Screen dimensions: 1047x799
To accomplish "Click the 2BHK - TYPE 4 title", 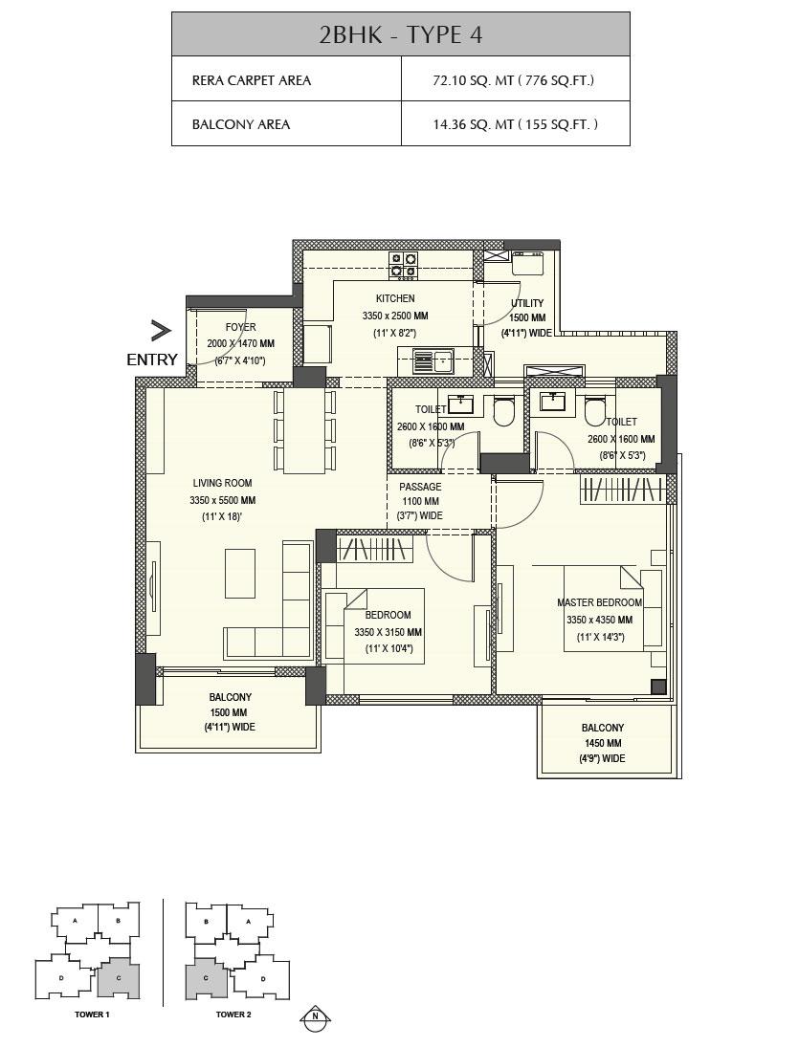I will (400, 34).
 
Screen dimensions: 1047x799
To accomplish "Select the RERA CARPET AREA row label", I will (252, 80).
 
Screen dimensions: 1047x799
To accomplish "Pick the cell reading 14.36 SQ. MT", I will (515, 124).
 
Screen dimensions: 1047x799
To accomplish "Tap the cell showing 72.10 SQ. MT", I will (514, 80).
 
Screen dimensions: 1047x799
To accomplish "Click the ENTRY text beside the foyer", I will (152, 360).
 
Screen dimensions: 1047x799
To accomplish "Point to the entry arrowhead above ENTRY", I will (160, 331).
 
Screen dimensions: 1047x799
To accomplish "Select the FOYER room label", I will (240, 328).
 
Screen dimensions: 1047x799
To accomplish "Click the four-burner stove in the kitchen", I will (403, 265).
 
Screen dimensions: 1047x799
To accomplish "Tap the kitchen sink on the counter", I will (433, 361).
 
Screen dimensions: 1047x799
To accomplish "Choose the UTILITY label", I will (526, 304).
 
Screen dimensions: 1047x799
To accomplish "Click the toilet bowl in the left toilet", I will (503, 412).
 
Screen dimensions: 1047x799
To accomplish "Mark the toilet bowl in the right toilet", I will (595, 411).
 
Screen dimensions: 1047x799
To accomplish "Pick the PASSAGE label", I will (420, 487).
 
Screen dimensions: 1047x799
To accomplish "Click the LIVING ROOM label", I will (222, 484).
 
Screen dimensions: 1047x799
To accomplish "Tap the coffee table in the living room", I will (240, 573).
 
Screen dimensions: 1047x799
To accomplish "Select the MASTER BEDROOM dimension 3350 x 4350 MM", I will (599, 620).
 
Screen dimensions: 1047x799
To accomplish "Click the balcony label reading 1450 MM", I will (601, 743).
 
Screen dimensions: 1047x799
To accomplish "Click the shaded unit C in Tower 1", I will (119, 977).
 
